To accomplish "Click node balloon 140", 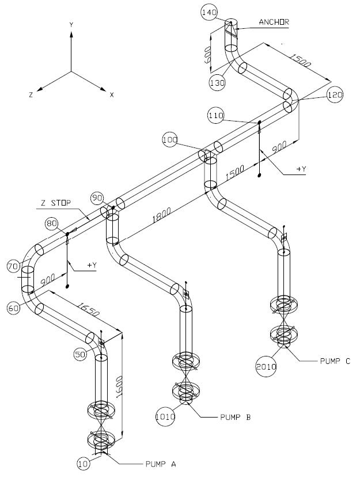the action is [x=209, y=13].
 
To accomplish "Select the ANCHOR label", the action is [x=274, y=22].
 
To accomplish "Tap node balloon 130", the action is [x=217, y=82].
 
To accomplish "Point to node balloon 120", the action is [x=335, y=95].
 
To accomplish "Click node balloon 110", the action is [x=216, y=115].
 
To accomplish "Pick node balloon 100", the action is [x=170, y=139].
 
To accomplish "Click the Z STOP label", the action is [x=56, y=203].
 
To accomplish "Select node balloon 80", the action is [x=51, y=223].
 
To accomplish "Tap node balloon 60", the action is [x=13, y=308].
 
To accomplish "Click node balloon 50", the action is [x=80, y=354].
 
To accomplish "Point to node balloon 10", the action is [x=83, y=464].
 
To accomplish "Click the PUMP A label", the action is [x=161, y=464].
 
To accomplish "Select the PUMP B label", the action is [x=236, y=417].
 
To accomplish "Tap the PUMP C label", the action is [x=335, y=361].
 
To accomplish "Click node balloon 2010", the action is [x=266, y=366].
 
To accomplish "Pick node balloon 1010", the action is [x=165, y=416].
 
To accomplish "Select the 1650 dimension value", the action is [x=88, y=309].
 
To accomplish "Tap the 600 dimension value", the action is [x=207, y=55].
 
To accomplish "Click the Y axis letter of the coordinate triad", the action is [x=71, y=25].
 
